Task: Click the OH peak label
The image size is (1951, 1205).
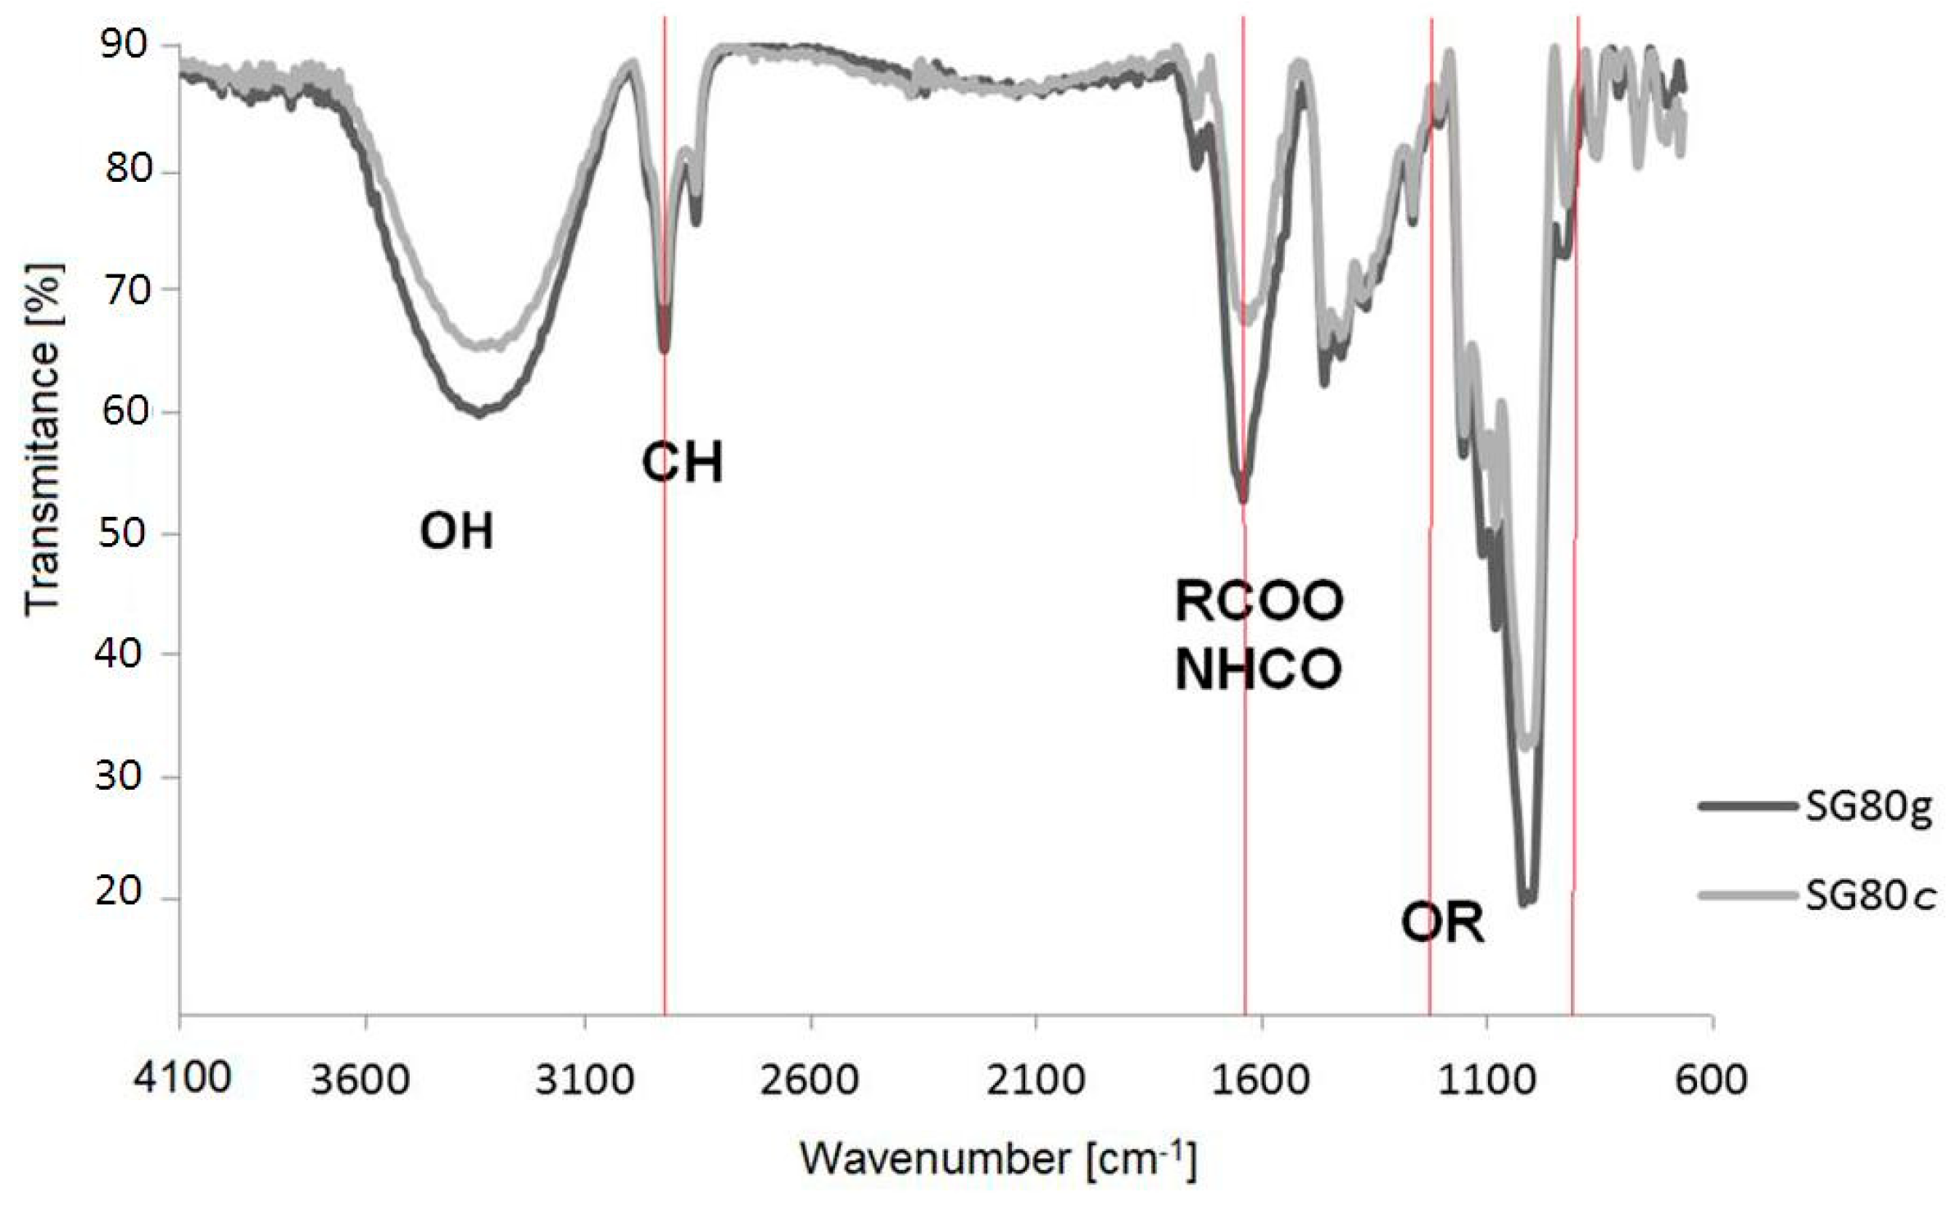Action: [x=456, y=532]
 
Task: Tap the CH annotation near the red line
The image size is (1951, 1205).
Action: [x=683, y=464]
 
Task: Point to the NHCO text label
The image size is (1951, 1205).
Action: [x=1259, y=670]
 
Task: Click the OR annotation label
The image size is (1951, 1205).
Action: [x=1442, y=924]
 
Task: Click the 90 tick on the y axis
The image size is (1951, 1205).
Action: [x=125, y=45]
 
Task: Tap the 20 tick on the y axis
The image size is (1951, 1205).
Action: [x=125, y=893]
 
